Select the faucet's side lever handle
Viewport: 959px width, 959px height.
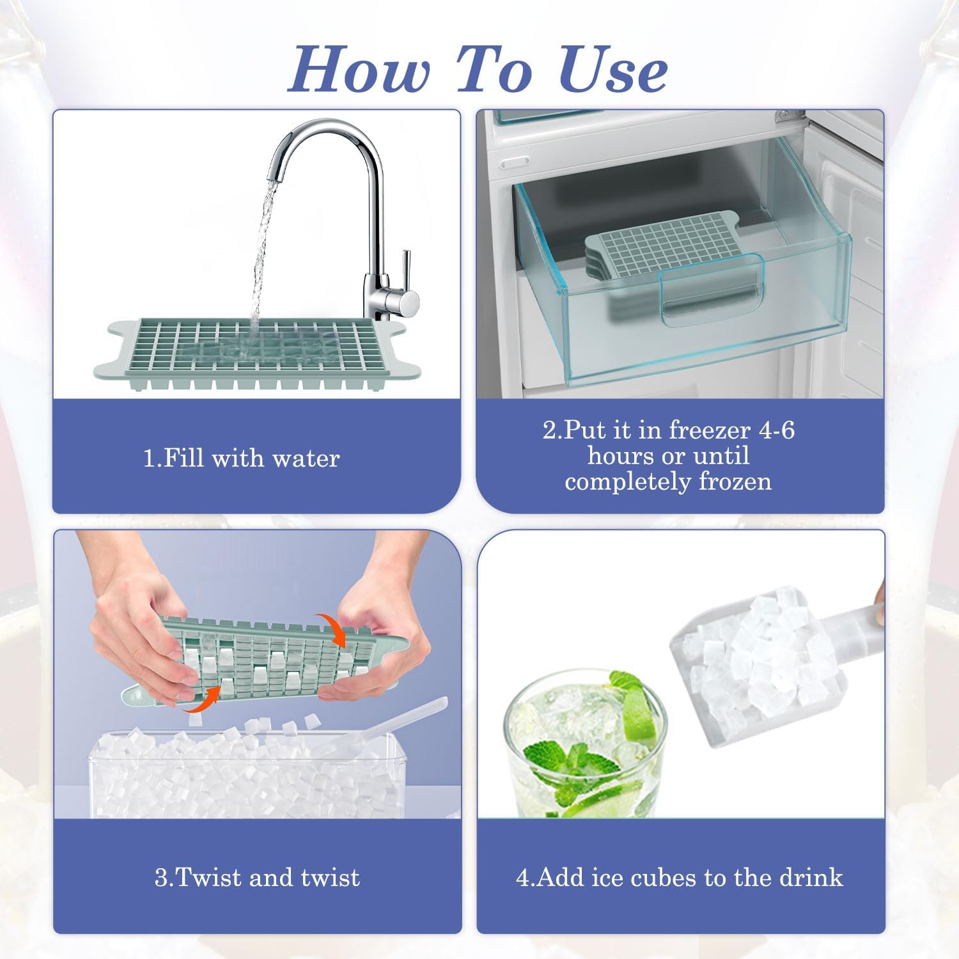[x=405, y=275]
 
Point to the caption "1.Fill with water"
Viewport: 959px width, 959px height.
[x=241, y=458]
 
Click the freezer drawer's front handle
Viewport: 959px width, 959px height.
[x=712, y=291]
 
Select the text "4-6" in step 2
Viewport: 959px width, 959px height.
[x=776, y=430]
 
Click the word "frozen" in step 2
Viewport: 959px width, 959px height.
[x=735, y=481]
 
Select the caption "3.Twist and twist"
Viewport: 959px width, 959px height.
[x=257, y=877]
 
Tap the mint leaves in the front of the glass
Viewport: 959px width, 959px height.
[x=563, y=767]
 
